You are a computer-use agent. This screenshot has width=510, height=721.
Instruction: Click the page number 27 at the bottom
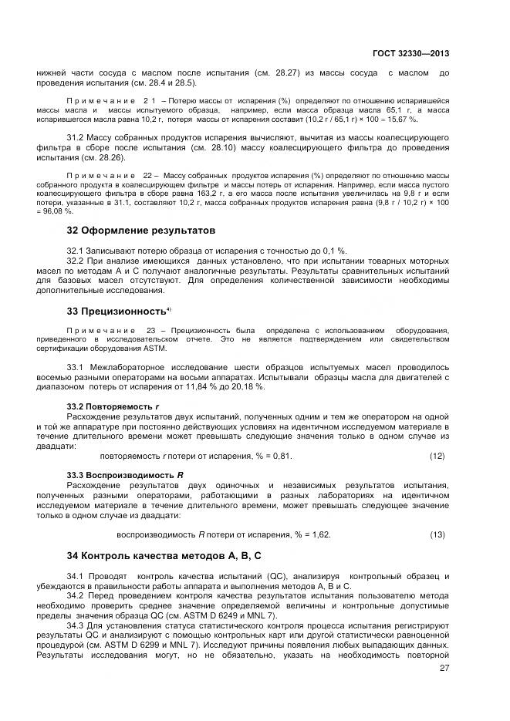(x=444, y=668)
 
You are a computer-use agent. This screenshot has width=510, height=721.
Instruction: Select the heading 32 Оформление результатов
(x=140, y=231)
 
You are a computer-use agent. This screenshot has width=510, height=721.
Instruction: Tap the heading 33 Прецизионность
(x=117, y=311)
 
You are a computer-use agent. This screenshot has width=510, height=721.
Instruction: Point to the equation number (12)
(x=437, y=456)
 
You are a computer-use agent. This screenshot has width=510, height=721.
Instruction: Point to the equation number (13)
(x=437, y=534)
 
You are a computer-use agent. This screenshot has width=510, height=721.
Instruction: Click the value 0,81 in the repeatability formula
(x=283, y=456)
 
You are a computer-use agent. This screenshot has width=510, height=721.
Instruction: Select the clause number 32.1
(x=76, y=251)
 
